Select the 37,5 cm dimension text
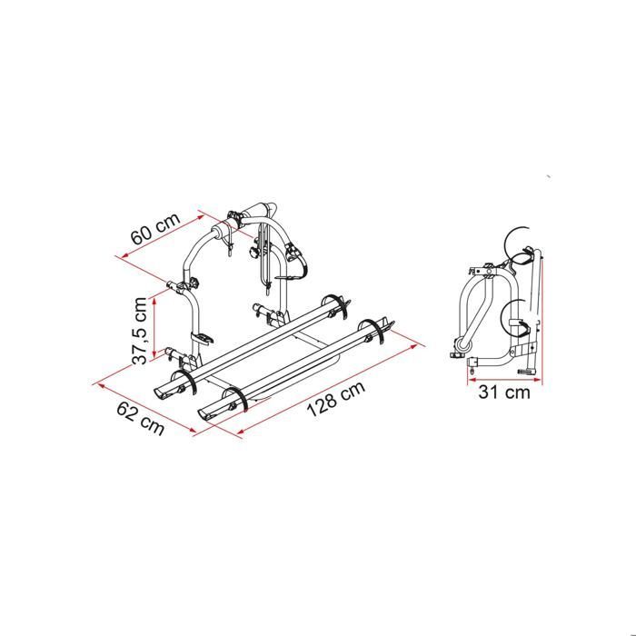140,331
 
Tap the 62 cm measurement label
141,418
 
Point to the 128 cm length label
336,399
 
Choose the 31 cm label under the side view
504,393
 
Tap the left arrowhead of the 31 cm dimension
472,380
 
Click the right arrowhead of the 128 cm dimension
413,347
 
